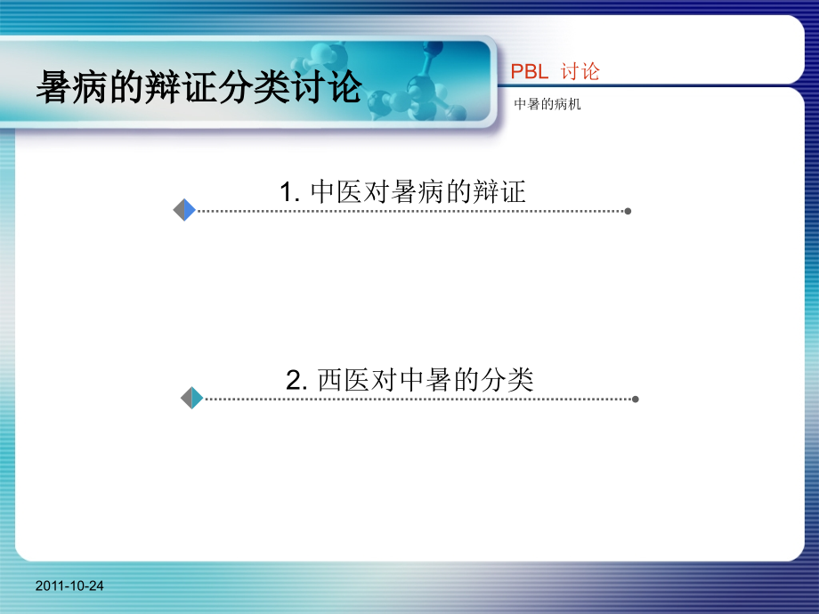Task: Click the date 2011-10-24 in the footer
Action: (x=70, y=586)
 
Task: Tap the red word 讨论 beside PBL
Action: (x=580, y=72)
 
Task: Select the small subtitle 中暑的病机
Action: (x=547, y=104)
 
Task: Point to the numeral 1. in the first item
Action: (x=289, y=191)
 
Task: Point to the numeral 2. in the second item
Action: (x=296, y=381)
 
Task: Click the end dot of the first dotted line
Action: (x=628, y=211)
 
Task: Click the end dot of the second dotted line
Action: (x=635, y=399)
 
